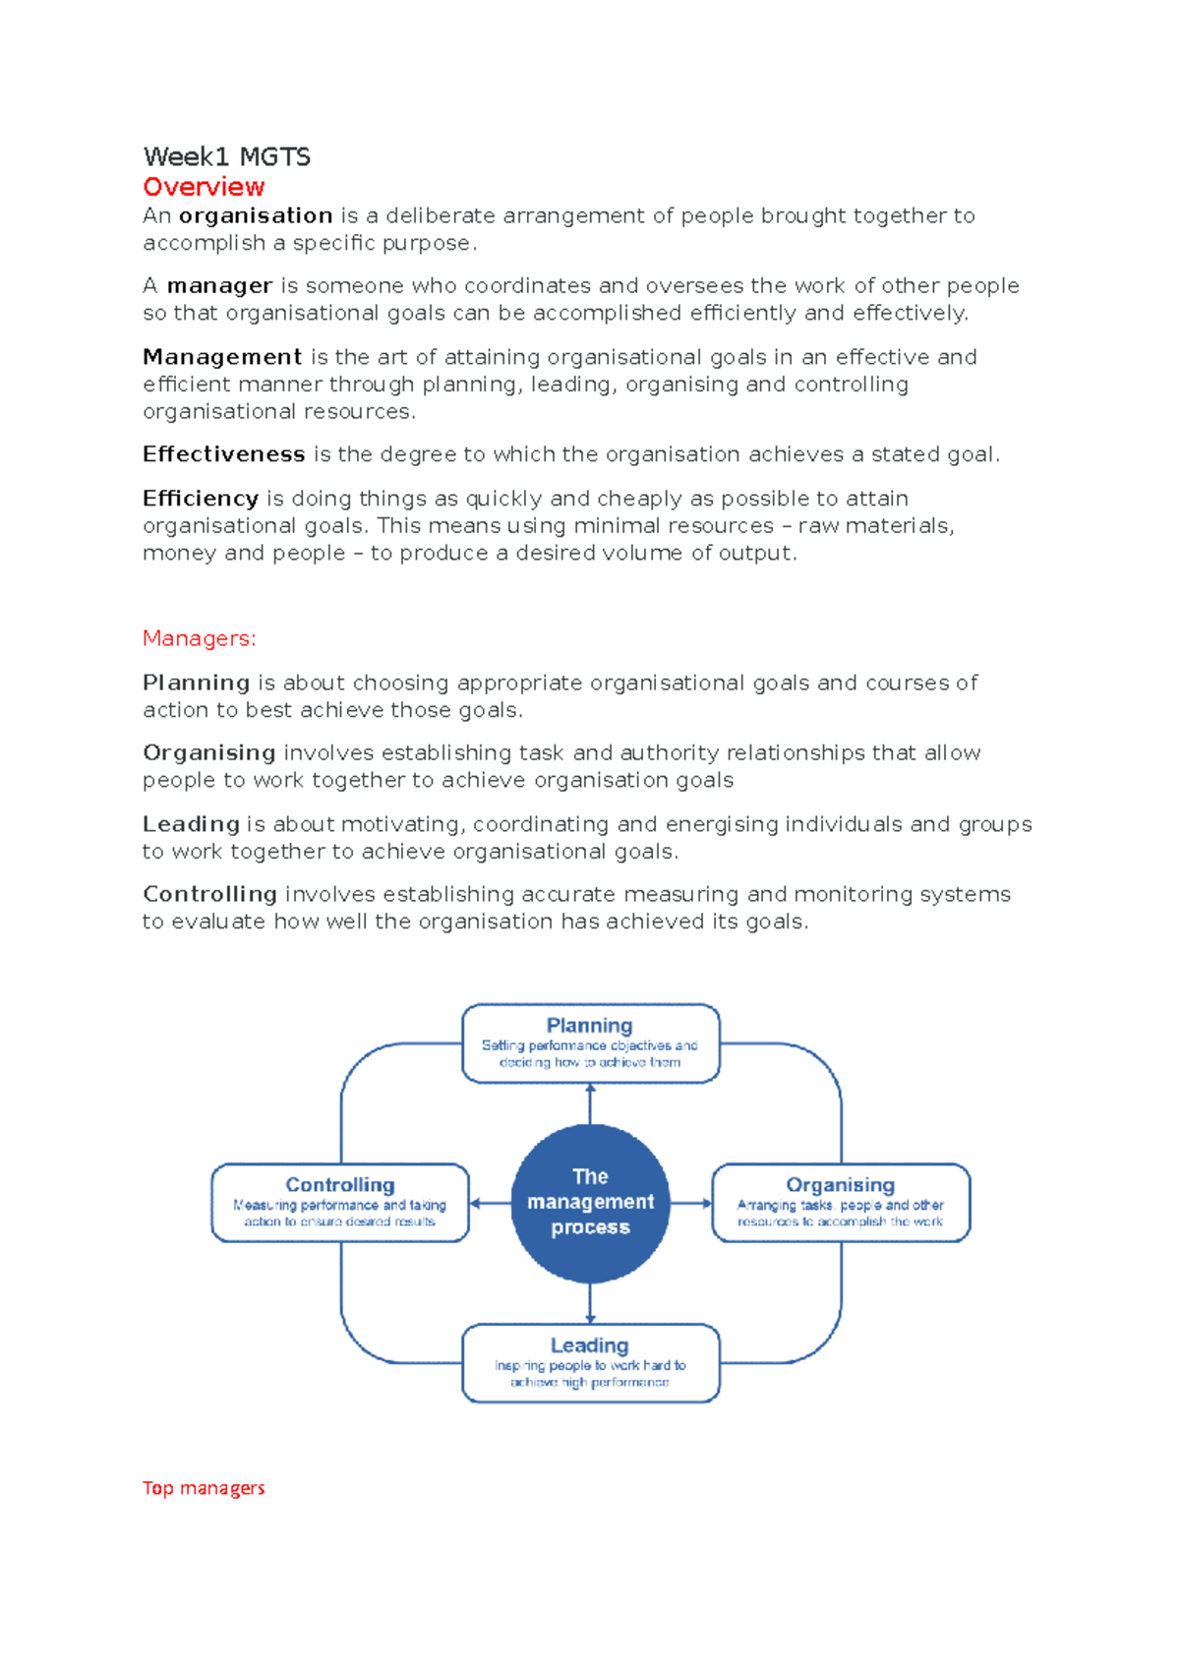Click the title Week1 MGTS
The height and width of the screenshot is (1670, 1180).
[x=226, y=157]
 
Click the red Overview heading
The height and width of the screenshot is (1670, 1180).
[x=204, y=187]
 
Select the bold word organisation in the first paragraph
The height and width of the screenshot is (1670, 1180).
[x=256, y=215]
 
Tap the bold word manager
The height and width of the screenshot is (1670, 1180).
[x=219, y=286]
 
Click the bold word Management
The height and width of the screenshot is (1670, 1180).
[x=222, y=357]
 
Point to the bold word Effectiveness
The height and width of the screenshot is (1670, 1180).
[x=224, y=454]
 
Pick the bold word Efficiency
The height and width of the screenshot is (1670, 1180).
[x=201, y=499]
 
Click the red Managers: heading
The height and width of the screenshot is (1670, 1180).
[x=199, y=638]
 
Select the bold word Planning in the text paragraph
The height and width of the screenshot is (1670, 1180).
[x=196, y=683]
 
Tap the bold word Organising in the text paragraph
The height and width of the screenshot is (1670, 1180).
[x=208, y=752]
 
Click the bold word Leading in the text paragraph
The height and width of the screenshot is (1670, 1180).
[x=191, y=824]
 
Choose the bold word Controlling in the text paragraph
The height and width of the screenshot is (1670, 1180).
[x=209, y=894]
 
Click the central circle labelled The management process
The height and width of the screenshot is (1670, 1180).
[x=590, y=1203]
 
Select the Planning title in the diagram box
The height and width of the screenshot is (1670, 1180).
[x=590, y=1026]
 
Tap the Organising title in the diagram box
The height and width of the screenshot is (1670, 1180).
[x=841, y=1185]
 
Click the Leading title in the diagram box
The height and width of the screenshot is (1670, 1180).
[x=590, y=1345]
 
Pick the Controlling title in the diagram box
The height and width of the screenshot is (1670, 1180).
[x=340, y=1185]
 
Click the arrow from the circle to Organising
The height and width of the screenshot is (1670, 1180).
[x=691, y=1203]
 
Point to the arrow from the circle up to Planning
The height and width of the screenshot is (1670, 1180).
[x=590, y=1103]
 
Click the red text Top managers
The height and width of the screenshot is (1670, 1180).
[x=204, y=1488]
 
